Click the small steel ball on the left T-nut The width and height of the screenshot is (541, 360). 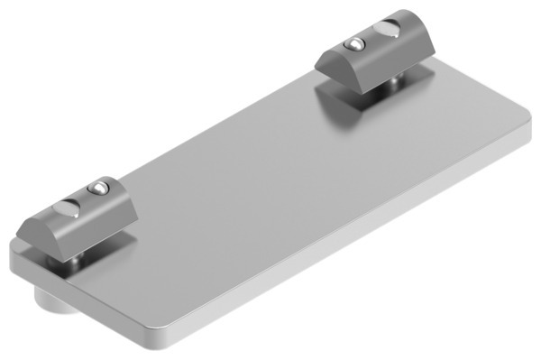click(x=96, y=188)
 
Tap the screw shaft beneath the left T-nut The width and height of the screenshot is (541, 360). click(x=77, y=261)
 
